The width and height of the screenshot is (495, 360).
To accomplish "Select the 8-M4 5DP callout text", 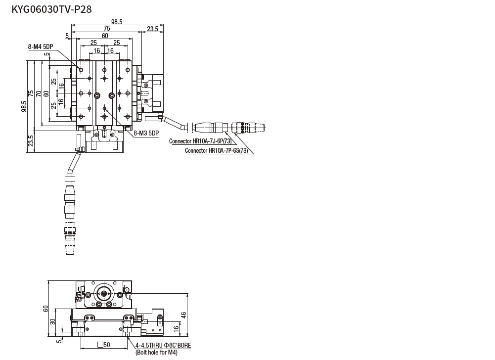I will (41, 47).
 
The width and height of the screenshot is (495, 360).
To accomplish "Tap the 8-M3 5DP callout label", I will (146, 133).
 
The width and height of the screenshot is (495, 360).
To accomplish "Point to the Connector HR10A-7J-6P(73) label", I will (200, 141).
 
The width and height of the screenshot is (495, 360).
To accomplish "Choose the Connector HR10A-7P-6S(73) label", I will (216, 150).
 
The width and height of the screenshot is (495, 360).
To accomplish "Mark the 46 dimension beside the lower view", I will (183, 314).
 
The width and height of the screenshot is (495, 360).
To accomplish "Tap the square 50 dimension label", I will (104, 345).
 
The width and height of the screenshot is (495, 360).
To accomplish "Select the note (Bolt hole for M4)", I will (156, 353).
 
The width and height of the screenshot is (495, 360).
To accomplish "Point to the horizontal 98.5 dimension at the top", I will (117, 21).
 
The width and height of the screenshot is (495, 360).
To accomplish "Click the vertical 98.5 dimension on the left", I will (24, 106).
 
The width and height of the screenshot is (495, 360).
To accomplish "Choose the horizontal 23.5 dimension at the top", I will (152, 29).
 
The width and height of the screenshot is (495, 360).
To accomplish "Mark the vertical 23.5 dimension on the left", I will (31, 140).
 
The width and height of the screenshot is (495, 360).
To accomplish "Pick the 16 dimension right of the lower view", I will (176, 328).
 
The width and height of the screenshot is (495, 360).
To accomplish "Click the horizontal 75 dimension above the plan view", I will (107, 29).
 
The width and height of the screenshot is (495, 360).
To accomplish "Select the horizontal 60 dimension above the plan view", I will (105, 36).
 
